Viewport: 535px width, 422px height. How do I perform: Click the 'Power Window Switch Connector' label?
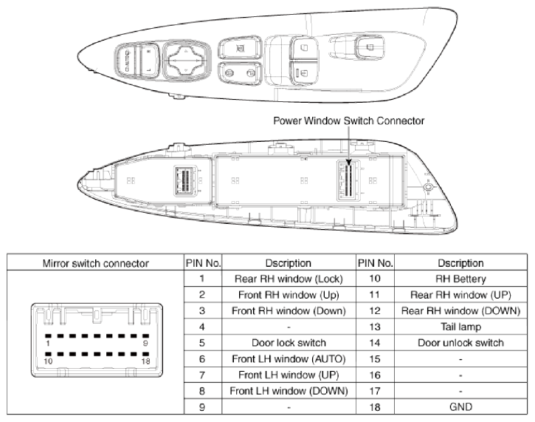tap(348, 120)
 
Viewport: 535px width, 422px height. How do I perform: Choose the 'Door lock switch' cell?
tap(289, 342)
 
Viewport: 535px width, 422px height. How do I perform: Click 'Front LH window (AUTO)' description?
tap(289, 358)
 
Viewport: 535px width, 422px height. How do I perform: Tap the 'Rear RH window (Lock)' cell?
tap(289, 279)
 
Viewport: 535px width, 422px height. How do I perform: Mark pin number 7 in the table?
tap(201, 374)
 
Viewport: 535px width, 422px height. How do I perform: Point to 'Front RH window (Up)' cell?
tap(289, 294)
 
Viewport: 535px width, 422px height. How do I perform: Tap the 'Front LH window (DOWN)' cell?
tap(289, 390)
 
